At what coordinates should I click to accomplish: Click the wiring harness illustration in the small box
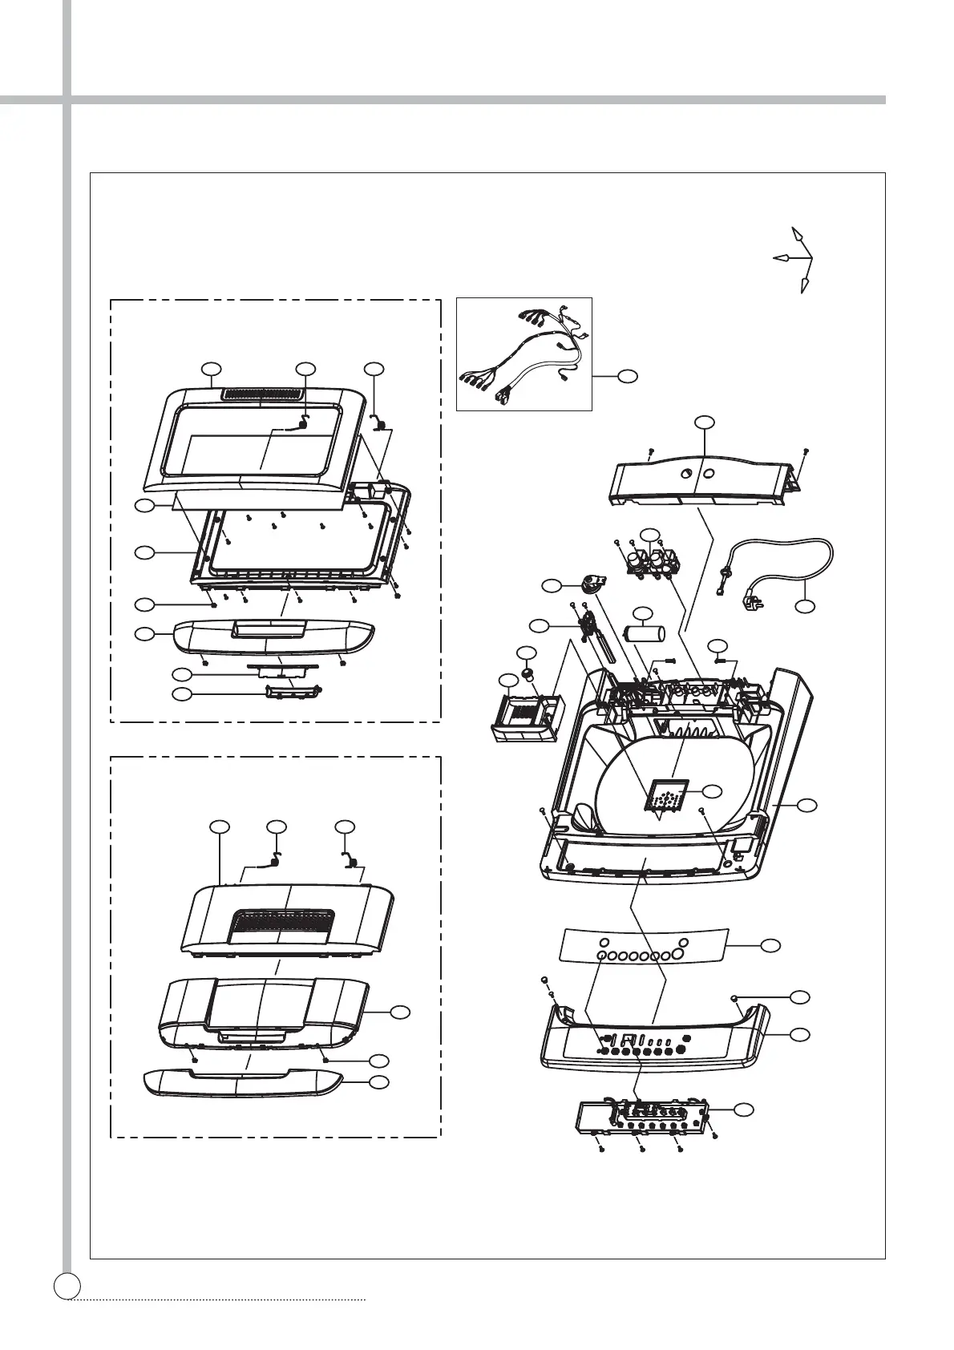[x=523, y=354]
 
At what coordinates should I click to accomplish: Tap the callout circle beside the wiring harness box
[x=629, y=374]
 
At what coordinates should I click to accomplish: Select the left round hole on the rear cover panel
[x=686, y=474]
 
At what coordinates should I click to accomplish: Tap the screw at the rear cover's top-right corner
[x=806, y=451]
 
